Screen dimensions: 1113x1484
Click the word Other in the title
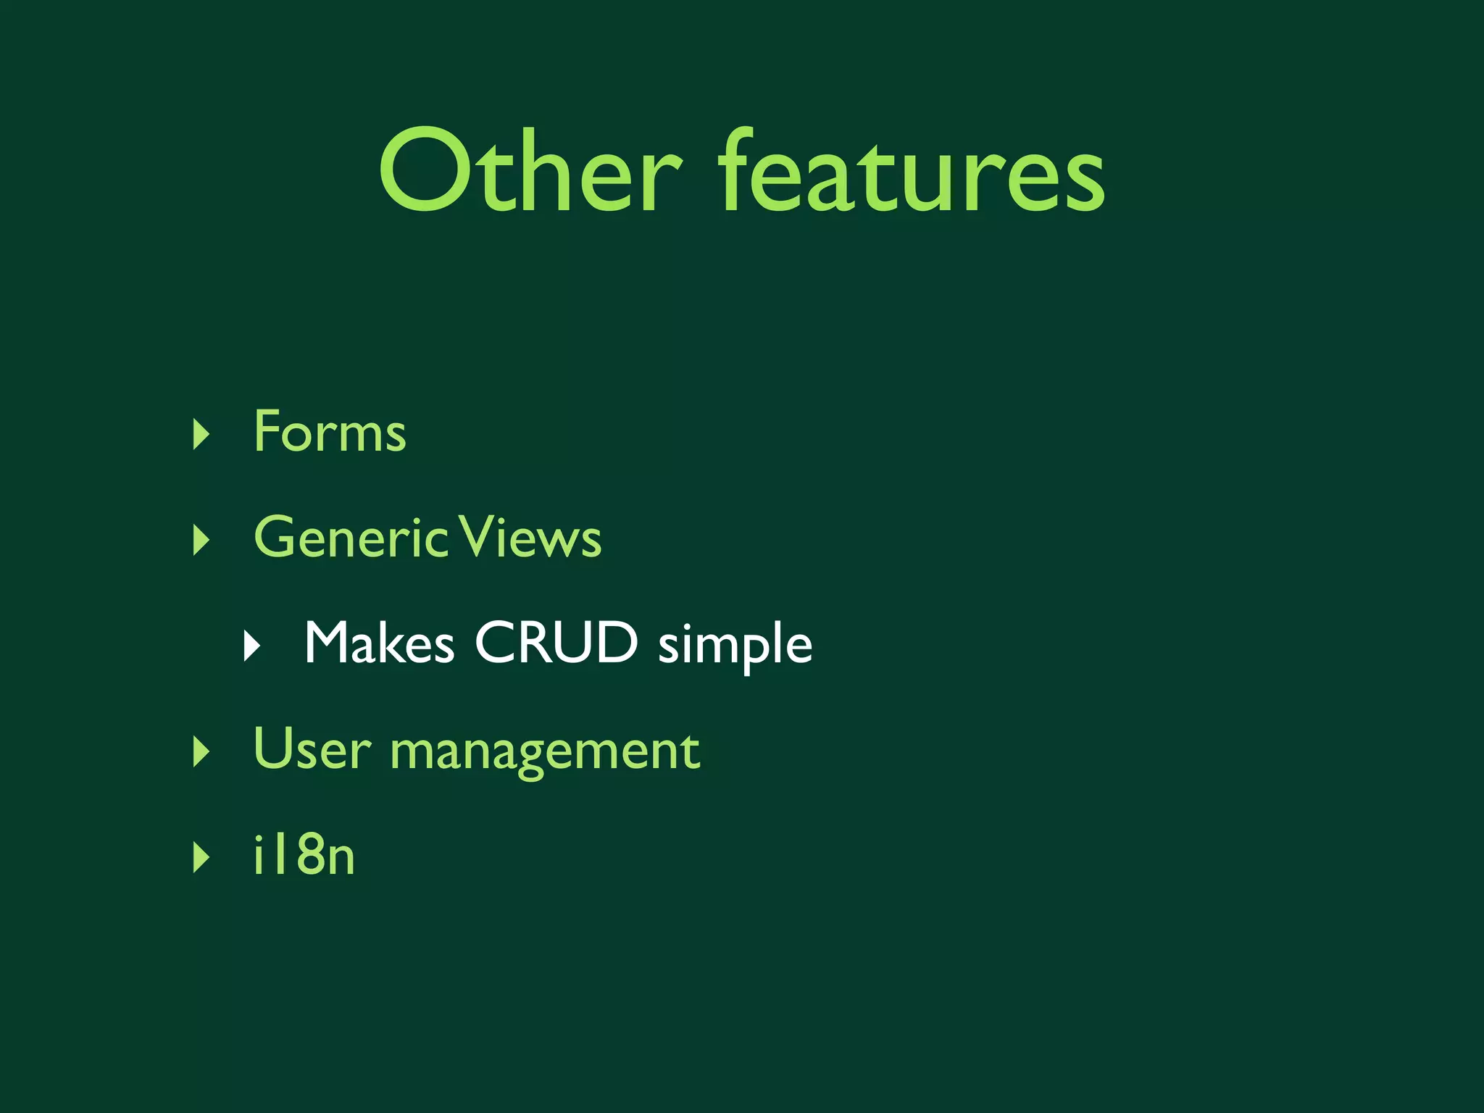[x=530, y=171]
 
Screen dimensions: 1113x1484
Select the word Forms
[x=330, y=432]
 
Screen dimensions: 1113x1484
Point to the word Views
[x=531, y=537]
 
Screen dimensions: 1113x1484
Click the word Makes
[x=379, y=643]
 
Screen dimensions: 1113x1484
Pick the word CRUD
[x=556, y=642]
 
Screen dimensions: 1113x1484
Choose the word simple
[x=735, y=645]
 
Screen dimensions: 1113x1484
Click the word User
[x=312, y=749]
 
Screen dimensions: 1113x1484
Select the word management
[x=545, y=752]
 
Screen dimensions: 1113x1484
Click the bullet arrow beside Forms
[x=201, y=434]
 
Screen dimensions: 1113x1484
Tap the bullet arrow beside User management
[x=201, y=751]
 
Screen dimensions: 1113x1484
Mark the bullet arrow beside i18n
[x=201, y=857]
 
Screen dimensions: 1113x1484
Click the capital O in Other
[x=421, y=171]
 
